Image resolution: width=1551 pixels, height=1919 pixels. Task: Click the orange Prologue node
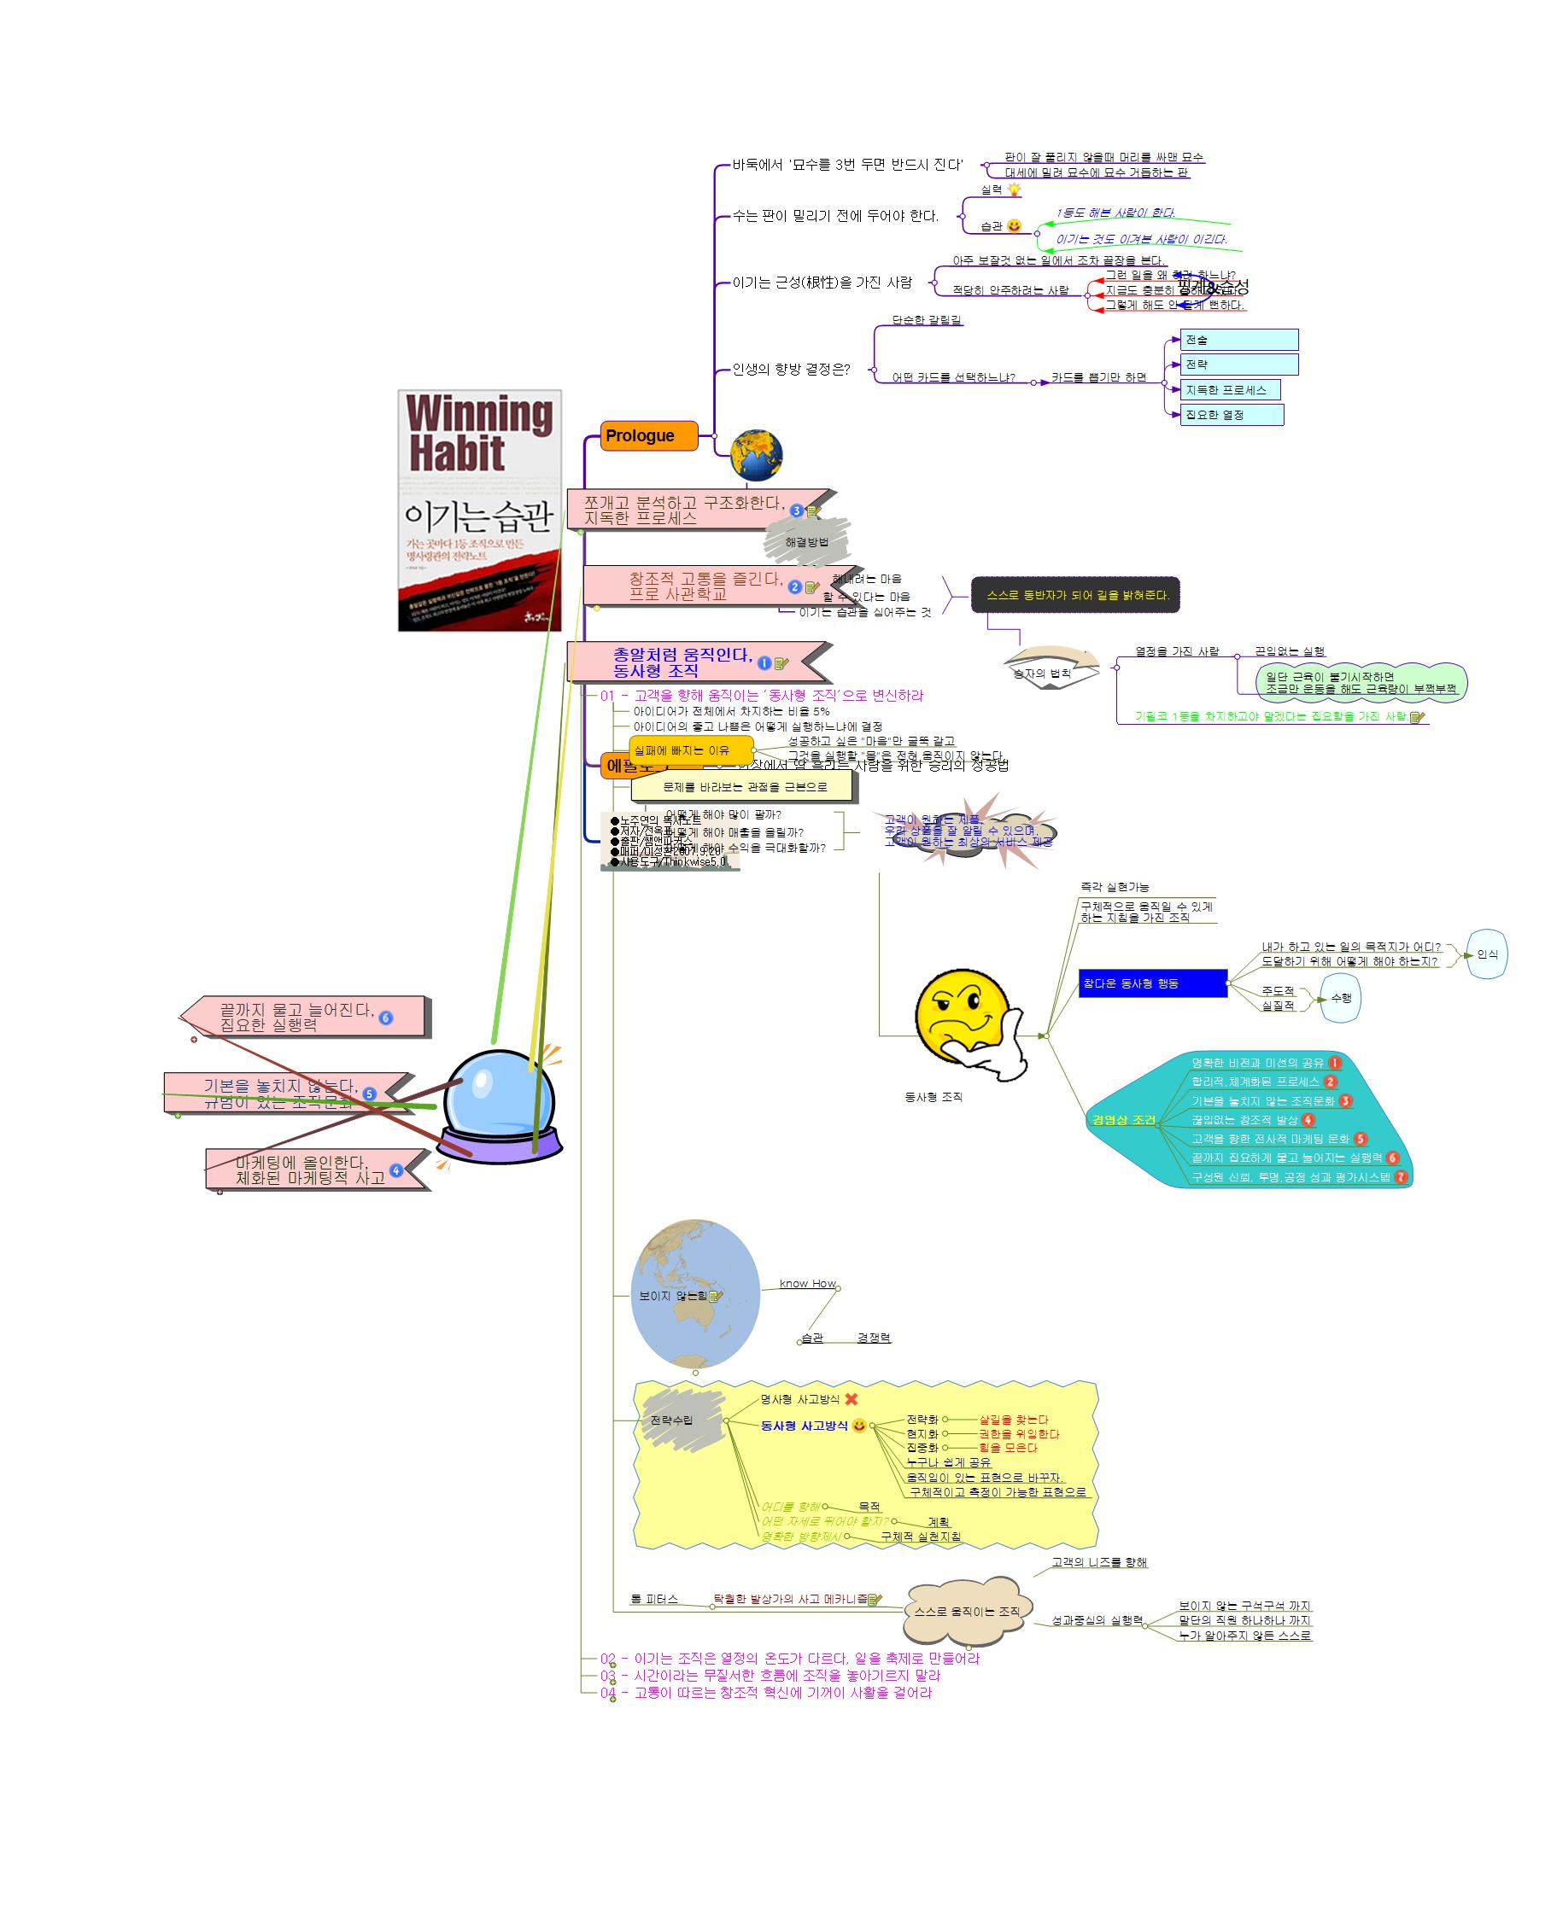[x=647, y=435]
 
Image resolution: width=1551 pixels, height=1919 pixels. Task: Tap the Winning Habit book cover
[x=480, y=510]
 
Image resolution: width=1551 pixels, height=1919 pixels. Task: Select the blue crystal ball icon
[x=500, y=1105]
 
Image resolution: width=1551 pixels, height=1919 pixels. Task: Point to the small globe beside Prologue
[x=756, y=454]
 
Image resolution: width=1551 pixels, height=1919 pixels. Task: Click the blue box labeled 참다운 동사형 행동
[x=1151, y=983]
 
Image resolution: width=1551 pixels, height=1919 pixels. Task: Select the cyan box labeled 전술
[x=1238, y=341]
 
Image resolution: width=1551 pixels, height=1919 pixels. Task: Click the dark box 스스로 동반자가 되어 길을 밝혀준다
[x=1074, y=595]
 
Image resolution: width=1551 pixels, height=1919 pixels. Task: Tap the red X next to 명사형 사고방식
[x=852, y=1399]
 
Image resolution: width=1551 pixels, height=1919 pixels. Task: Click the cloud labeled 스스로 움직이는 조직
[x=967, y=1611]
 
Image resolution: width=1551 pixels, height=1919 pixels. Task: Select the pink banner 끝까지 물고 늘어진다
[x=304, y=1017]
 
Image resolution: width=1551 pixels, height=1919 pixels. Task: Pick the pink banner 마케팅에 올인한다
[x=313, y=1169]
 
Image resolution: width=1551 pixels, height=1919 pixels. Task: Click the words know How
[x=807, y=1284]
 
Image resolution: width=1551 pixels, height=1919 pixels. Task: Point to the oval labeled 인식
[x=1487, y=954]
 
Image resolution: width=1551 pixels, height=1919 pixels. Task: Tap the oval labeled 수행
[x=1340, y=999]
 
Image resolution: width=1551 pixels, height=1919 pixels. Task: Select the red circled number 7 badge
[x=1401, y=1177]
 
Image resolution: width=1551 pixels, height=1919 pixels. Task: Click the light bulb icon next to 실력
[x=1014, y=190]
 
